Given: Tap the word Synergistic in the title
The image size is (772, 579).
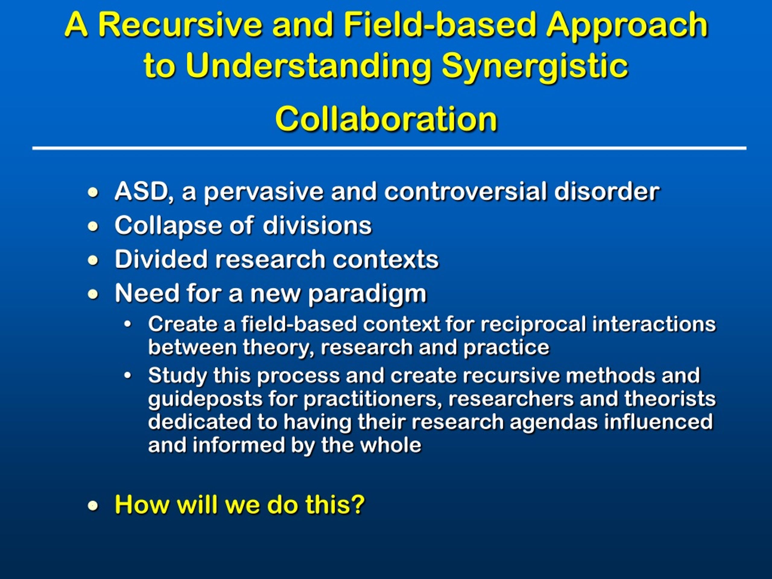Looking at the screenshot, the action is [534, 66].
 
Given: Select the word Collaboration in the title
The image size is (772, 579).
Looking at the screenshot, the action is [386, 119].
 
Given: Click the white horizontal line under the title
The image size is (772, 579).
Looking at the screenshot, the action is [389, 148].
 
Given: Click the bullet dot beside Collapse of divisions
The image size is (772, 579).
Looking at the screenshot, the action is [93, 227].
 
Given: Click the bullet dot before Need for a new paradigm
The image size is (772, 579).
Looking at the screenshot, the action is [93, 295].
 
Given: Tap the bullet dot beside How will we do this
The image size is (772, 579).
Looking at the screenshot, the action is [93, 505].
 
